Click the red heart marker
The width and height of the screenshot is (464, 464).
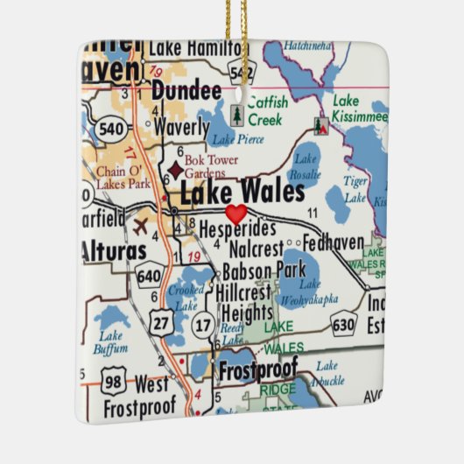pyautogui.click(x=236, y=213)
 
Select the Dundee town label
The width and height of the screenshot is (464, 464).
pyautogui.click(x=186, y=91)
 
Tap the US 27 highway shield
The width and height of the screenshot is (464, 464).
pyautogui.click(x=158, y=322)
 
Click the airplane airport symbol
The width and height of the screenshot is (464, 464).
pyautogui.click(x=139, y=226)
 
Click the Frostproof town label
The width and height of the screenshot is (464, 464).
pyautogui.click(x=257, y=368)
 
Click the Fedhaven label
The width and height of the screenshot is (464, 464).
pyautogui.click(x=334, y=242)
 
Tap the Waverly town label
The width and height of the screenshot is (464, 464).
pyautogui.click(x=182, y=127)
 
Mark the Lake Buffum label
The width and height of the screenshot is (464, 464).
pyautogui.click(x=112, y=343)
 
